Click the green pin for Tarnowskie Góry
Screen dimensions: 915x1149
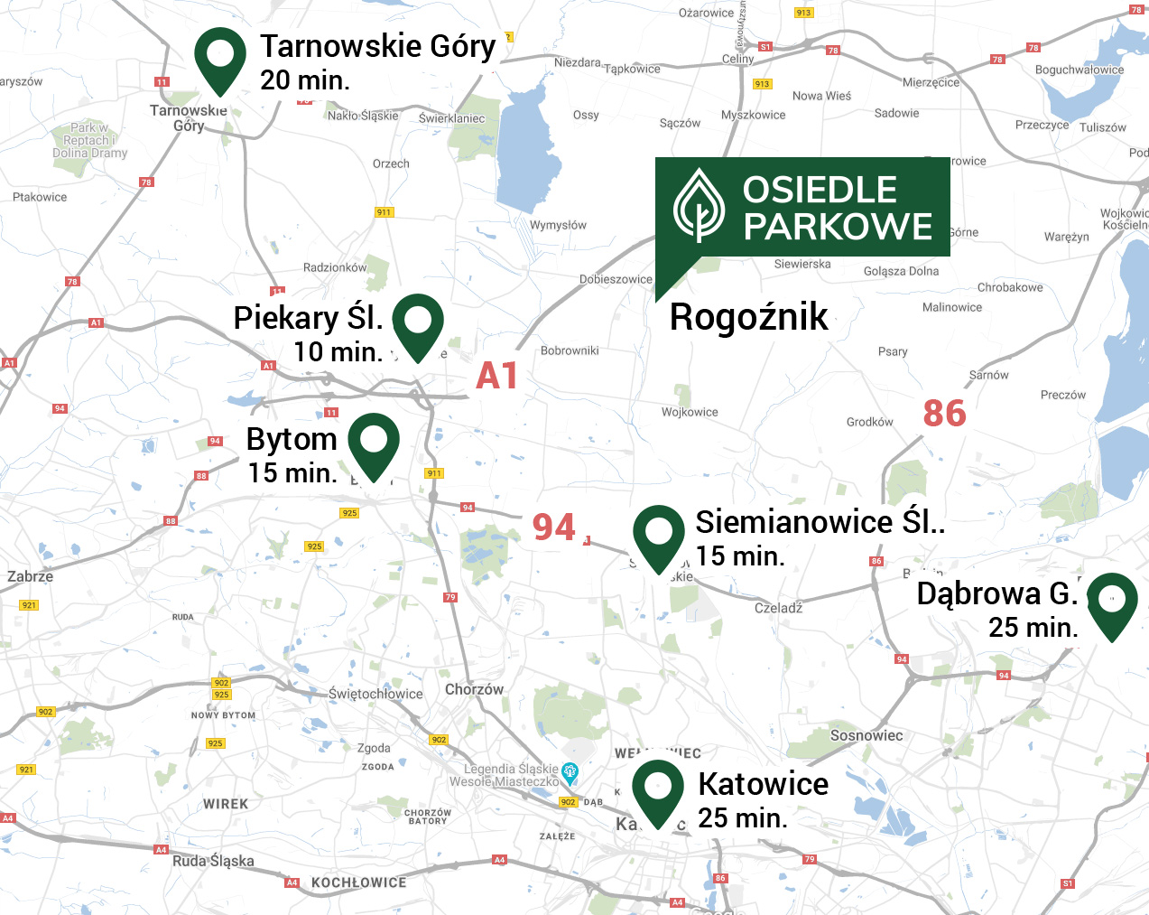(220, 56)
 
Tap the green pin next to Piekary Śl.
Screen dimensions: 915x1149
(418, 322)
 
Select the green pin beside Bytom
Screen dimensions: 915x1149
(374, 443)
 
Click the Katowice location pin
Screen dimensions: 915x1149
(658, 789)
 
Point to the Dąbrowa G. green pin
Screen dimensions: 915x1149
(1112, 601)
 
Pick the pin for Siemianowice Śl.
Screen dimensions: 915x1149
(659, 534)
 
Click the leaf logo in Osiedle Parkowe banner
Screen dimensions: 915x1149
(699, 206)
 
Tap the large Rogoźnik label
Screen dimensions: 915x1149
(748, 317)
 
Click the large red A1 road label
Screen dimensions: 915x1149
(497, 377)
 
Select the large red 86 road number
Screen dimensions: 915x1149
(944, 414)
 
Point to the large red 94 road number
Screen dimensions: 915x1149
(553, 528)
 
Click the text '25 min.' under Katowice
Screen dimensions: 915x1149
(742, 818)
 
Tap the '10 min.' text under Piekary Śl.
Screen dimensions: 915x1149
(338, 352)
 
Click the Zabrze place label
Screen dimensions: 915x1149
(30, 576)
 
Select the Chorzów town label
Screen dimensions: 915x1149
(474, 689)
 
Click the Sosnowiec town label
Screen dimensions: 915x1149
(866, 735)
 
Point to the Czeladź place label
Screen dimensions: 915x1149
(778, 608)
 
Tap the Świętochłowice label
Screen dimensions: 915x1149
(375, 694)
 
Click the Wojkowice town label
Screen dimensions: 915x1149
(690, 412)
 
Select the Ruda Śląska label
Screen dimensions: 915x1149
(213, 861)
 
